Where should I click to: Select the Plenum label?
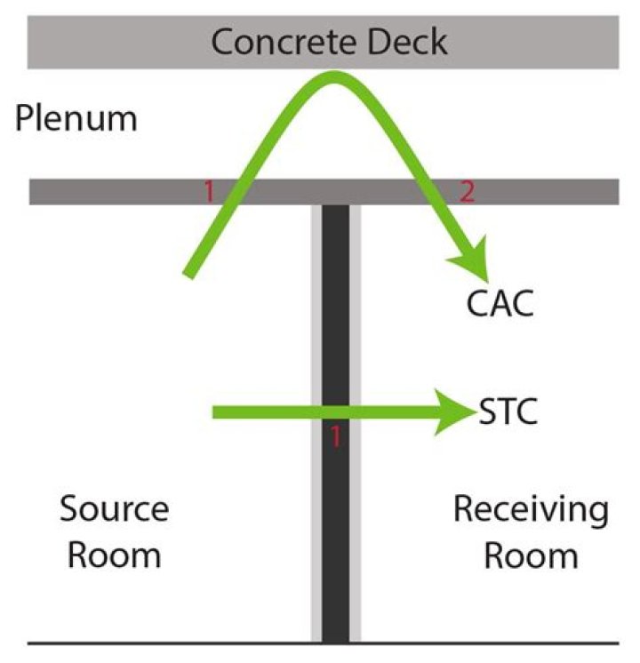[76, 118]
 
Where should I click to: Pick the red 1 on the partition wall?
[336, 435]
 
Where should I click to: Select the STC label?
[508, 413]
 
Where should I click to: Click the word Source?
[114, 509]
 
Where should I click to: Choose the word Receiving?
[531, 510]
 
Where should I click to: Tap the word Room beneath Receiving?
[531, 555]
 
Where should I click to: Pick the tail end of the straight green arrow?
[216, 412]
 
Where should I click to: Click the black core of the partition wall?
[335, 533]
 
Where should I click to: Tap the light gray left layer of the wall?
[316, 533]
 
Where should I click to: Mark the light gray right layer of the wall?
[356, 533]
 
